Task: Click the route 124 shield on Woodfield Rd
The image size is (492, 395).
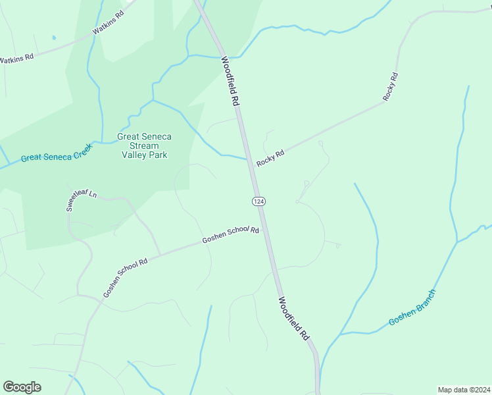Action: (258, 200)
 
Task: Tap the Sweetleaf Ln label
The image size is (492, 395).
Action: (81, 201)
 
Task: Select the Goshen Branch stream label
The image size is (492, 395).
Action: (412, 307)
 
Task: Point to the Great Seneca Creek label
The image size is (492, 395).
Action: (56, 153)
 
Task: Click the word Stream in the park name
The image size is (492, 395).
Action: (144, 145)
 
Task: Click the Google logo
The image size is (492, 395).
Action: (22, 387)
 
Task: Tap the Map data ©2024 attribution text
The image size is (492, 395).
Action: (464, 389)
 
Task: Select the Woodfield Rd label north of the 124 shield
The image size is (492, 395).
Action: (229, 81)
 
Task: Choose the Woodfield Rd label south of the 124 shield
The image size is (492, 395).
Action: (293, 318)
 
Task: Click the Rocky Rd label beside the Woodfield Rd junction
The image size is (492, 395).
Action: (270, 158)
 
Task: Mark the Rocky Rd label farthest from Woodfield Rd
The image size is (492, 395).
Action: (391, 86)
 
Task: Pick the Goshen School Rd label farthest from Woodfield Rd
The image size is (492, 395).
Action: (125, 276)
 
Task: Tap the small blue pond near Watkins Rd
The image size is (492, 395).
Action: (53, 38)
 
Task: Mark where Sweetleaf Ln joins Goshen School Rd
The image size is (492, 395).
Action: (160, 255)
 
